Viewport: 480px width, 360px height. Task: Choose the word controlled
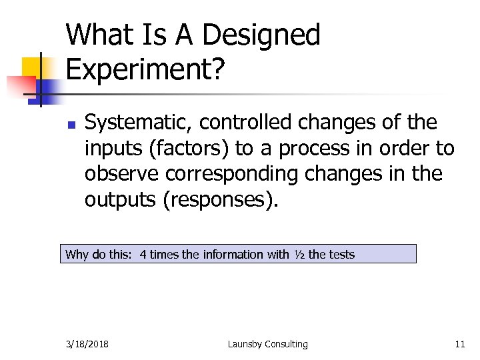246,123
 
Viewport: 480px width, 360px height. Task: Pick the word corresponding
230,174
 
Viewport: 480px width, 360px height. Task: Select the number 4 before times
143,254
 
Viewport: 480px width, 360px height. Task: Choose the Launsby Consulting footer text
267,344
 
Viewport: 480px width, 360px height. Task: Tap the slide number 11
459,344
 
